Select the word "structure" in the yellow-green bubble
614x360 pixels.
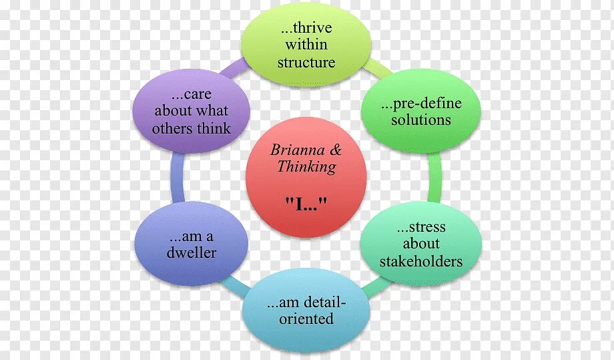[306, 63]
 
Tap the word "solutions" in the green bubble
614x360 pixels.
[421, 120]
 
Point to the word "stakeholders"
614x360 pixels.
[421, 260]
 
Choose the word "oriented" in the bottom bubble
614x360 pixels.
[306, 319]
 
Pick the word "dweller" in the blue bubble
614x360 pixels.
[192, 253]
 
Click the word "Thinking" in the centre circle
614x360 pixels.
[306, 167]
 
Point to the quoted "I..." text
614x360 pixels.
[306, 202]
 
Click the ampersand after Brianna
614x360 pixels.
[336, 150]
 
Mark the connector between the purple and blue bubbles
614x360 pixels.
[177, 177]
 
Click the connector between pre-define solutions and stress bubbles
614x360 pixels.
[434, 176]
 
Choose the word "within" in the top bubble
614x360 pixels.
[306, 45]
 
